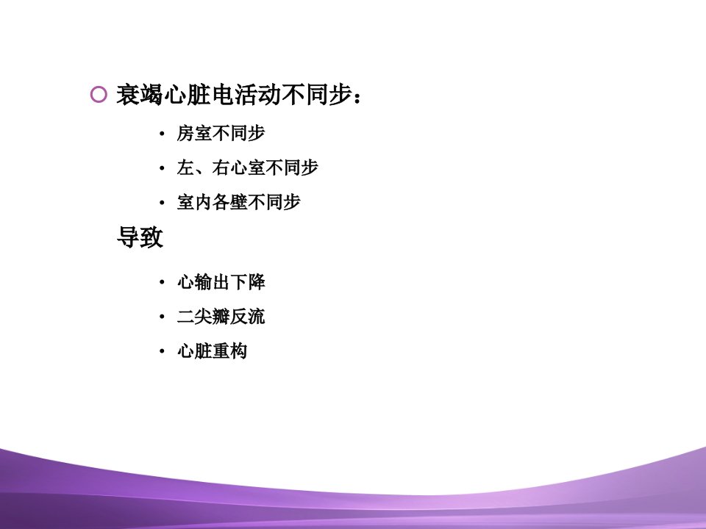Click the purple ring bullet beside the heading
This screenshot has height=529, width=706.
click(99, 95)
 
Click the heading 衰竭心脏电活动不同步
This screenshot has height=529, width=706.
click(234, 95)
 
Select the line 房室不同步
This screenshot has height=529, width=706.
click(221, 133)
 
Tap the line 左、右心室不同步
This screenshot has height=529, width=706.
click(247, 168)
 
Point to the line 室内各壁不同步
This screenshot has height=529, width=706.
click(238, 202)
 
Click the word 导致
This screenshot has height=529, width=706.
click(140, 237)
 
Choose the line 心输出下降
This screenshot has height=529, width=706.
click(221, 282)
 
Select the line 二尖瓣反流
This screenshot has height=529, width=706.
click(221, 317)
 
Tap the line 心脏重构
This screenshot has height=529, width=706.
click(212, 351)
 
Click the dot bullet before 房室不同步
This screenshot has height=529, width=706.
click(162, 134)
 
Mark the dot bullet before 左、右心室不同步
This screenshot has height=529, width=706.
click(162, 168)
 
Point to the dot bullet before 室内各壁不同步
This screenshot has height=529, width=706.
click(162, 203)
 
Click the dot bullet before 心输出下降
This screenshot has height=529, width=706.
click(162, 282)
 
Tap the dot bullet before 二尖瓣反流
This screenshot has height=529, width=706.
click(162, 317)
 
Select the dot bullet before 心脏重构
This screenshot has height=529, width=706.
click(162, 351)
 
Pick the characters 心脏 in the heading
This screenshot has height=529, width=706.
click(187, 95)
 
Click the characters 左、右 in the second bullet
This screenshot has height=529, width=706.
click(203, 168)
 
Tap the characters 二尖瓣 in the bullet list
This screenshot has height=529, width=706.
click(203, 317)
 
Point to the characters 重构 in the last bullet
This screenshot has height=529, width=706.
click(229, 351)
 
